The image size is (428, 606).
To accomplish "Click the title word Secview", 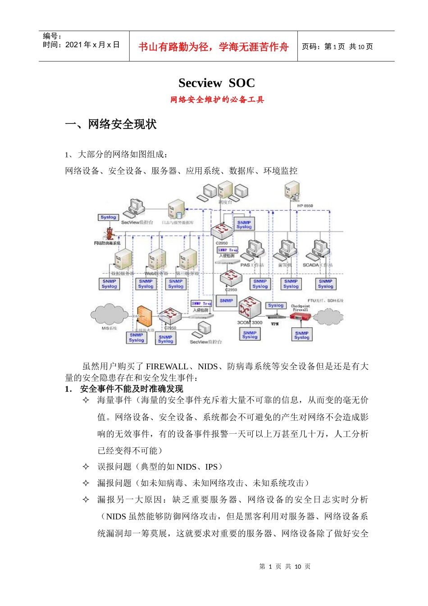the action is (x=200, y=83).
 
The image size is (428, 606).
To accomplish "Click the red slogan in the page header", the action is (x=213, y=47).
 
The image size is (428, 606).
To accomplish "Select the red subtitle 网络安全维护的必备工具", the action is (x=217, y=100).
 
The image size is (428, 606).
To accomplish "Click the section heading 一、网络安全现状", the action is (x=111, y=124).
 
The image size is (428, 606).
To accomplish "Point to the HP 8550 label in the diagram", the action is (x=305, y=206).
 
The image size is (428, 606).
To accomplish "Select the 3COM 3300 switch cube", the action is (x=250, y=308).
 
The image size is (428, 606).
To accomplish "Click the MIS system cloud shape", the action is (x=109, y=313).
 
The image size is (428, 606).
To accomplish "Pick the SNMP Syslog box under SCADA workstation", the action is (x=325, y=284).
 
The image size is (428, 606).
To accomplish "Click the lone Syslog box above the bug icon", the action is (x=108, y=217).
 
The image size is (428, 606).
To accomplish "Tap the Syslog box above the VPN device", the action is (x=275, y=306).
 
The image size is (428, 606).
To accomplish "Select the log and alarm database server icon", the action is (x=177, y=211).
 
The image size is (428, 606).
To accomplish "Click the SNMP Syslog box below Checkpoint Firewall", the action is (x=301, y=335).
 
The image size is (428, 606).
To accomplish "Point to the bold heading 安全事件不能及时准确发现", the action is (x=132, y=389).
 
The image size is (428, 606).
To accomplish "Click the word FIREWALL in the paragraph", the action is (x=167, y=367).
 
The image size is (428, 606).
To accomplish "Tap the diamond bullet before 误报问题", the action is (x=86, y=467).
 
